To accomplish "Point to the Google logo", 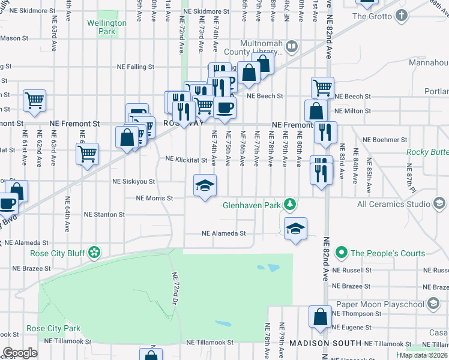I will coord(20,353).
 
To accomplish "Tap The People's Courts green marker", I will coord(342,253).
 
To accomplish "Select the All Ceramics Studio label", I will coord(394,204).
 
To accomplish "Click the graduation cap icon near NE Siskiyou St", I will coord(205,185).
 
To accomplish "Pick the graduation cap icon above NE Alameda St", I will coord(295,228).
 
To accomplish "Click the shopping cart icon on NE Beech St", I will coord(322,88).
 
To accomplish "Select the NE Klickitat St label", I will coord(186,160).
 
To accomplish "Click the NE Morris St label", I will coord(154,198).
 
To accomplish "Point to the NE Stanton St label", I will coord(104,214).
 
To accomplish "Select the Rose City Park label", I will coord(53,329).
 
